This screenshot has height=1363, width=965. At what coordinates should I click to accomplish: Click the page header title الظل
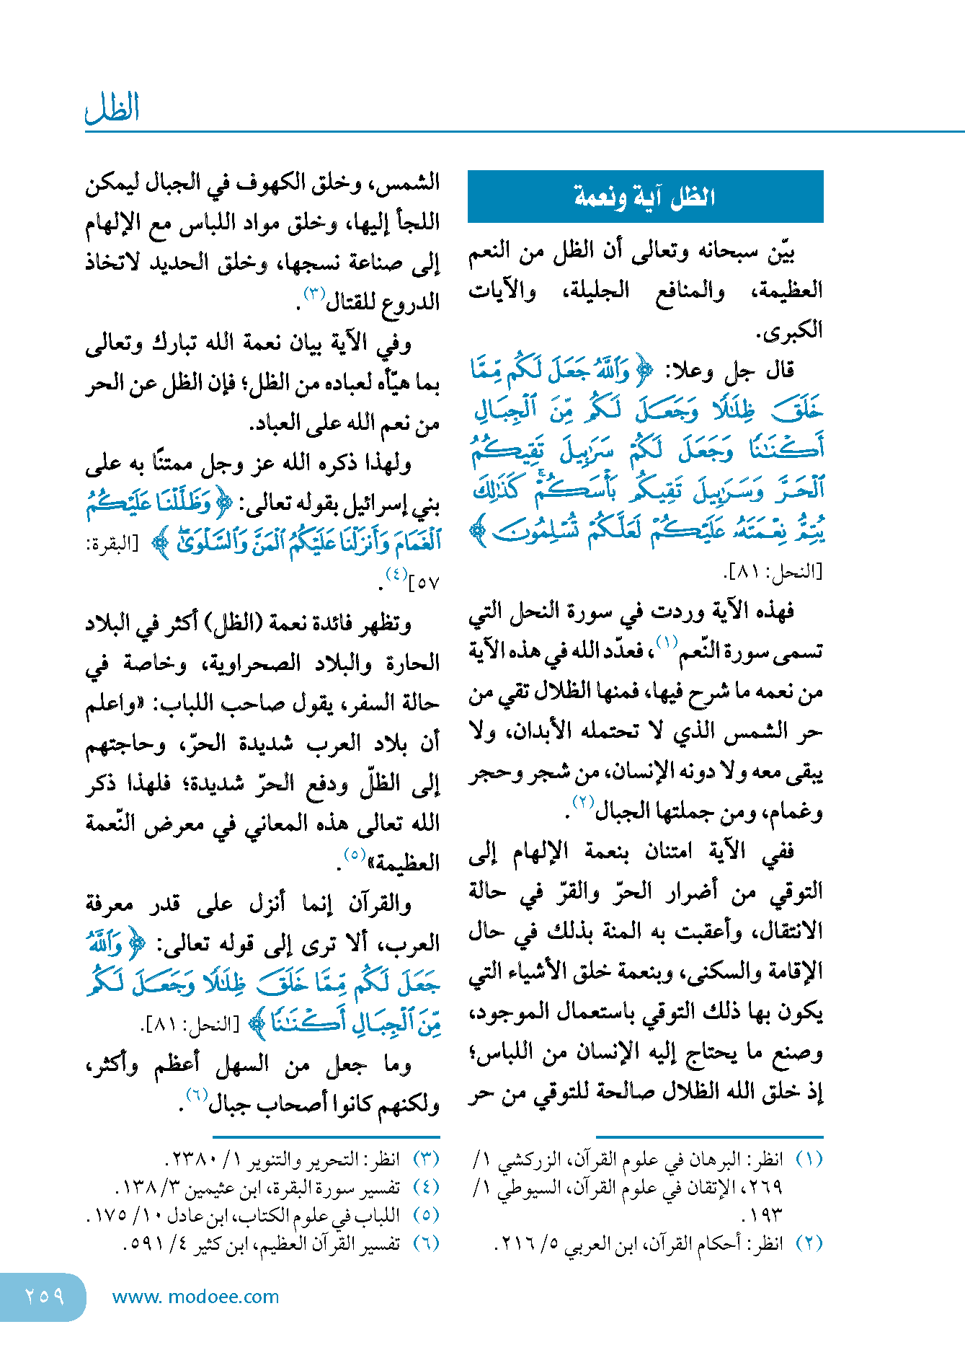tap(112, 108)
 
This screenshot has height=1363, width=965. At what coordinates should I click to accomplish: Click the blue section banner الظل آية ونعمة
tap(645, 196)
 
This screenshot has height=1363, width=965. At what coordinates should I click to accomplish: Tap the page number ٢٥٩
tap(44, 1297)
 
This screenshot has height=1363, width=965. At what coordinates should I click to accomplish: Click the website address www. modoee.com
tap(195, 1297)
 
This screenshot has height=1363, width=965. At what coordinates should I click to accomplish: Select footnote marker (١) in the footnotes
tap(809, 1159)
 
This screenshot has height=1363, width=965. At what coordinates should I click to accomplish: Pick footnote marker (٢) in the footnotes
tap(809, 1243)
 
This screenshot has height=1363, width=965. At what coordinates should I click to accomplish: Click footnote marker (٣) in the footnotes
tap(425, 1159)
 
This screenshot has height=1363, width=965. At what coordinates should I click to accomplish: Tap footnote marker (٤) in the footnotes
tap(425, 1186)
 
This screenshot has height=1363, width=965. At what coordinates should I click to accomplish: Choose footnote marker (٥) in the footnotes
tap(425, 1214)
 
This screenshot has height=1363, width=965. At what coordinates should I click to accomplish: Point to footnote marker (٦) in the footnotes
tap(425, 1243)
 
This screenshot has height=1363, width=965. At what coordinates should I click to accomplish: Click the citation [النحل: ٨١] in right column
tap(772, 572)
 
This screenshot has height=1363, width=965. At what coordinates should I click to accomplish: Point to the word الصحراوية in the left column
tap(247, 663)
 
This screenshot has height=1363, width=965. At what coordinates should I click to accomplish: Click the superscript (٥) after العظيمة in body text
tap(355, 855)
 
